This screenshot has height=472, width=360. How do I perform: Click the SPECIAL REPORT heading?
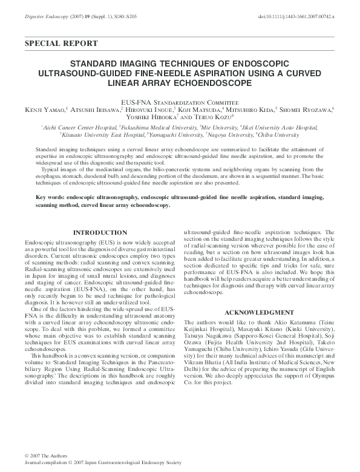[x=62, y=44]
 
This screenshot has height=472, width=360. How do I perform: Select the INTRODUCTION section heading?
[x=100, y=232]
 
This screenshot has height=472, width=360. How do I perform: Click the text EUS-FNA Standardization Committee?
[x=180, y=102]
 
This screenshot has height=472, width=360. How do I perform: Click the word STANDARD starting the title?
[x=95, y=63]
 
